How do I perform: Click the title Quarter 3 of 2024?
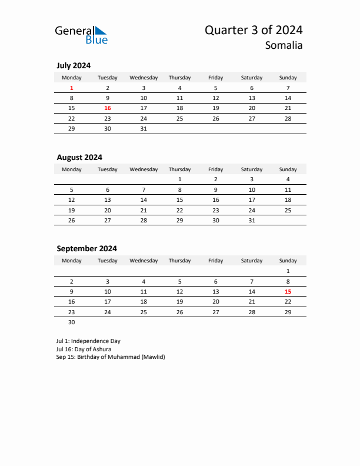point(254,30)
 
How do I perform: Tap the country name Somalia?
point(284,45)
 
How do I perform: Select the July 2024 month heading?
point(74,66)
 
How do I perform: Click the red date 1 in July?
point(72,88)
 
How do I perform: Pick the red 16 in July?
point(108,108)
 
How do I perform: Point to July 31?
point(144,128)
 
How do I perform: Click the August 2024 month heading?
point(79,157)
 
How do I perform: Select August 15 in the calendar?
point(179,199)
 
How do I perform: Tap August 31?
point(252,220)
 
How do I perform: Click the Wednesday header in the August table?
point(144,169)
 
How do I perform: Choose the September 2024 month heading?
point(86,248)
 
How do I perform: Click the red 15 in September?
point(288,291)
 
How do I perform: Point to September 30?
point(72,322)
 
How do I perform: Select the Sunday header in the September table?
point(288,260)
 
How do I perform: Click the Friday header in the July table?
point(216,78)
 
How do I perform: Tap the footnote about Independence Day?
point(88,341)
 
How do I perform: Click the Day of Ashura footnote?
point(84,349)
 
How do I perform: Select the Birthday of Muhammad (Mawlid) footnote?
point(111,357)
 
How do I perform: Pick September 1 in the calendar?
point(288,271)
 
